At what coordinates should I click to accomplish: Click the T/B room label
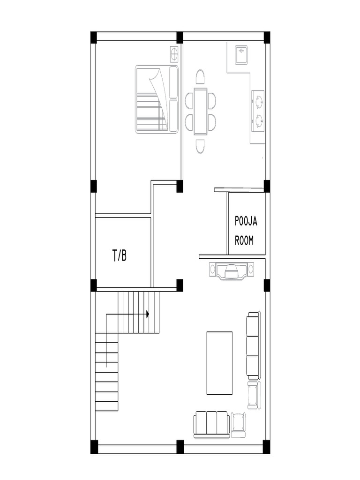coord(120,255)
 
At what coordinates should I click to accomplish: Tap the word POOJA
coord(246,221)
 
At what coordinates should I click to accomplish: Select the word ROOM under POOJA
coord(244,240)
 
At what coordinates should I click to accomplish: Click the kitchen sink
coord(241,55)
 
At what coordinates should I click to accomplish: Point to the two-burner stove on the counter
coord(258,111)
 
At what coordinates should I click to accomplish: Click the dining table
coord(201,111)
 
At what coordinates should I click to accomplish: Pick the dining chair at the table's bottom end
coord(200,146)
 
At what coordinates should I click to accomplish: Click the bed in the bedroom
coord(157,99)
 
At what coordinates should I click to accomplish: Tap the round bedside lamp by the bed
coord(174,54)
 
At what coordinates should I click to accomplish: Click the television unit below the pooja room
coord(232,270)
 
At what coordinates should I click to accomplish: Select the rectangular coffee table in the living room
coord(219,363)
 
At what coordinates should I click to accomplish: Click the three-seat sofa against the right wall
coord(254,345)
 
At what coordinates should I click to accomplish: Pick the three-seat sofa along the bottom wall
coord(211,424)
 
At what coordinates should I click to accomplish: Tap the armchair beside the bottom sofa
coord(238,425)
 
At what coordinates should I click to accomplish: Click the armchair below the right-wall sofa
coord(254,395)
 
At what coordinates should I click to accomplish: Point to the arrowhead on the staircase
coord(148,314)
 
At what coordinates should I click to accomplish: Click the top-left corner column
coord(94,37)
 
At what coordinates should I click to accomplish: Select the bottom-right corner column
coord(267,447)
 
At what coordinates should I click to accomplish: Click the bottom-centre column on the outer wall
coord(180,447)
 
